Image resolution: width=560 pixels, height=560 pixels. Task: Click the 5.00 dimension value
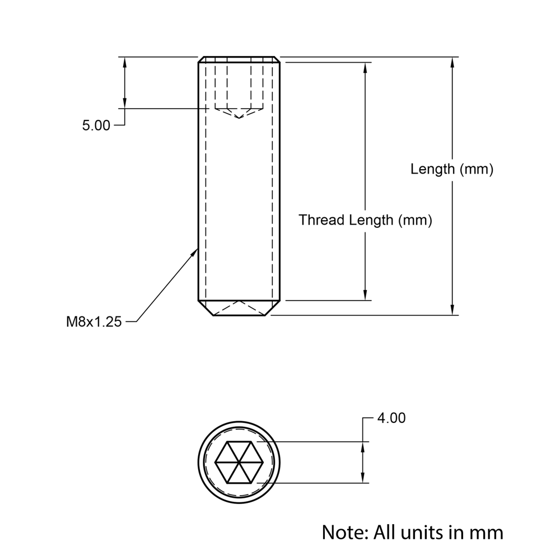tap(96, 126)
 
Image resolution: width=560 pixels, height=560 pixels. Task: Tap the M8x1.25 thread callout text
tap(94, 322)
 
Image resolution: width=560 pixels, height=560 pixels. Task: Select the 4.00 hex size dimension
tap(391, 418)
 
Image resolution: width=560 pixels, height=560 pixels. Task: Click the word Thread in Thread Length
tap(321, 220)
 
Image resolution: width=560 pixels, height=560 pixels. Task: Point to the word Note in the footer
tap(342, 531)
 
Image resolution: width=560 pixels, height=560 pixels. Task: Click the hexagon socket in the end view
tap(240, 462)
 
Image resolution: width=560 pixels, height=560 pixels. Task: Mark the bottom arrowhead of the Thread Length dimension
tap(365, 295)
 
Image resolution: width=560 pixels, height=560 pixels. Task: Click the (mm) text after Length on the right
tap(476, 169)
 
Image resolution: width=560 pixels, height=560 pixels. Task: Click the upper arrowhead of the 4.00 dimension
tap(364, 448)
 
